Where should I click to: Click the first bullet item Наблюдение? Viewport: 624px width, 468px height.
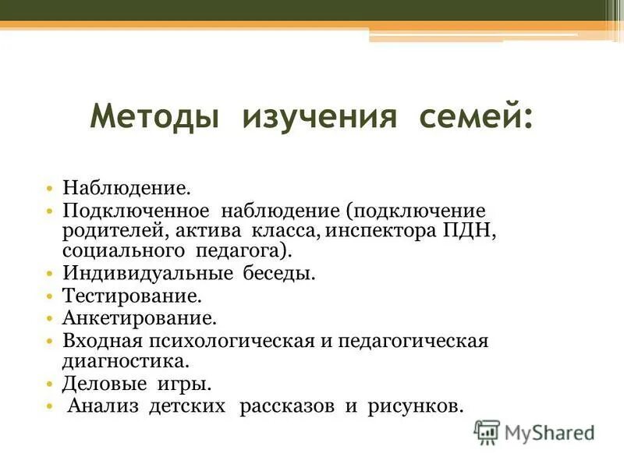(126, 190)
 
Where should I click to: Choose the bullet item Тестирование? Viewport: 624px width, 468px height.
(132, 297)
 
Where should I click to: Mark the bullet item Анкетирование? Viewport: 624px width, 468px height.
(139, 319)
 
